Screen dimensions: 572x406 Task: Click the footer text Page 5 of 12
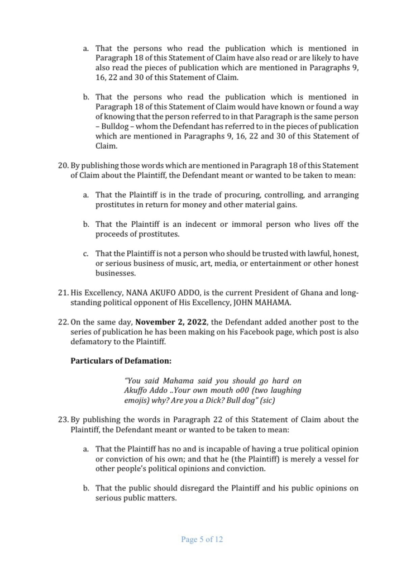[202, 540]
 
